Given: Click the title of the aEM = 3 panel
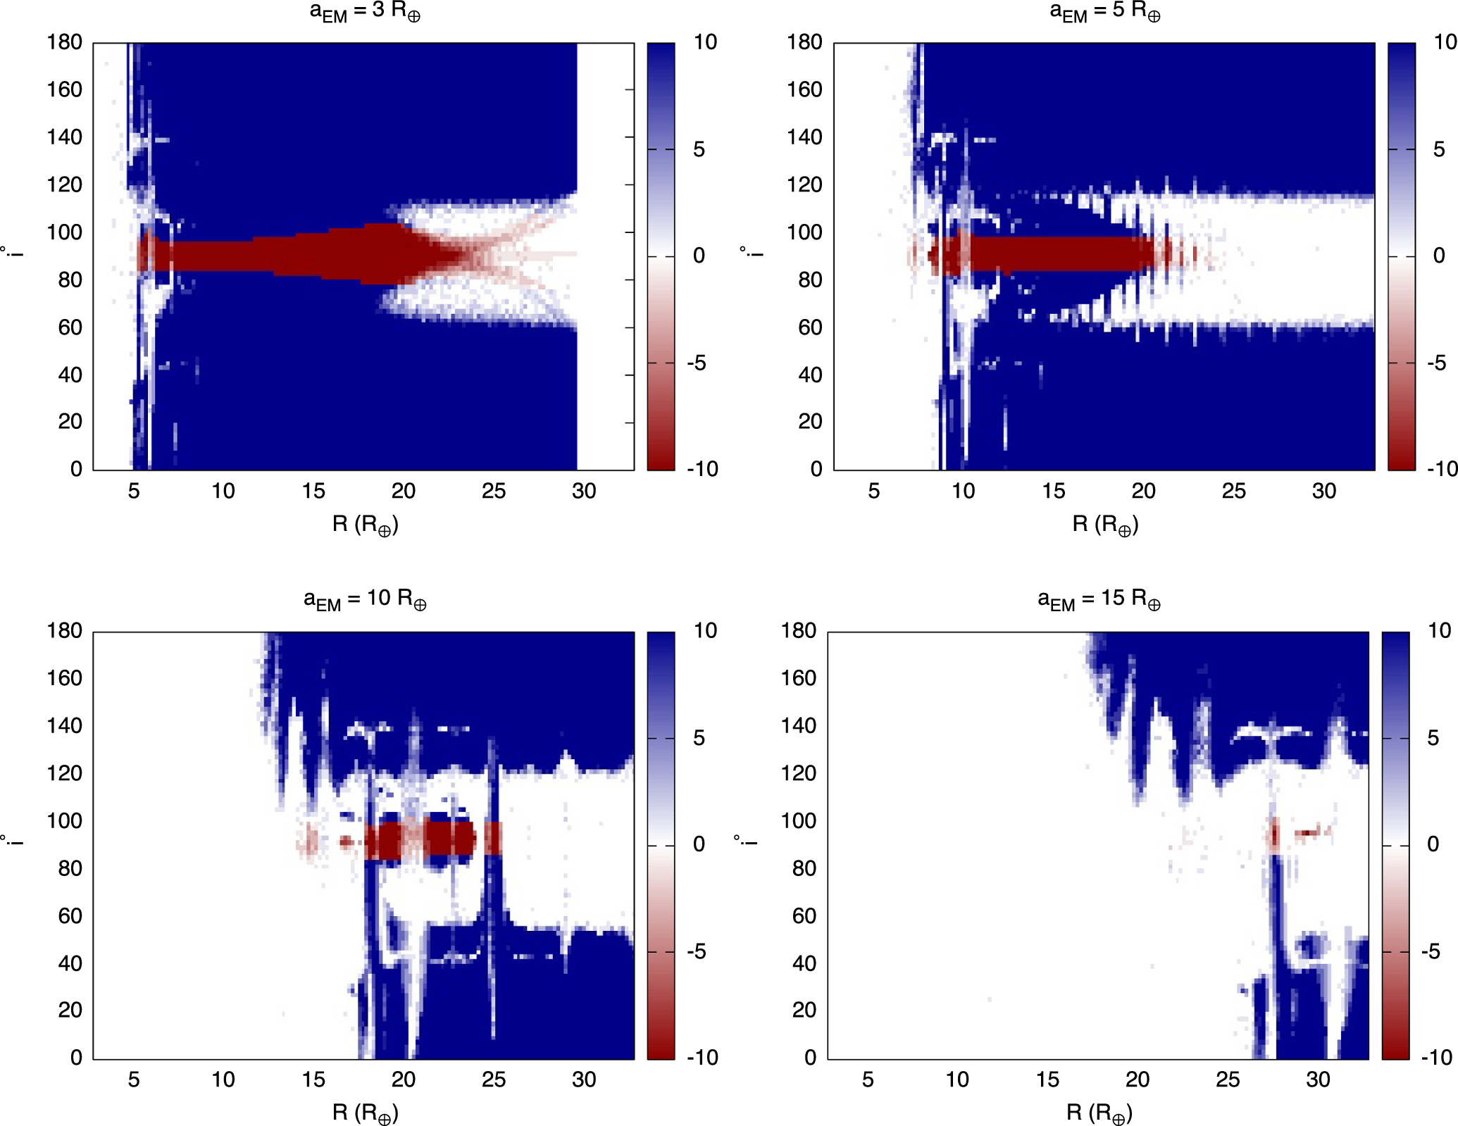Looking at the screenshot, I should (365, 12).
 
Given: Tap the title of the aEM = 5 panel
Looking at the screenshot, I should (1104, 12).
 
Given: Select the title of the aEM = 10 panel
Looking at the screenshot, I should (365, 599).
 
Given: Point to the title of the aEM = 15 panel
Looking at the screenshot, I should (1099, 599).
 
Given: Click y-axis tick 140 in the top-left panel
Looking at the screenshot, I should (64, 137).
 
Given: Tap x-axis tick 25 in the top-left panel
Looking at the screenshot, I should (494, 491).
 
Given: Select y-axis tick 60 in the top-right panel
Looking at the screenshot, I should (810, 327).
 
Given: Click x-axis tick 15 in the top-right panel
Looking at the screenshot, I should (1053, 491).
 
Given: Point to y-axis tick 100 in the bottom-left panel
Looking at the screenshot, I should (64, 820).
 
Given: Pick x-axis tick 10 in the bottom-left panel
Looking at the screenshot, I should (223, 1080).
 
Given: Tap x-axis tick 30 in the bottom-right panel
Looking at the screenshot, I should (1318, 1080).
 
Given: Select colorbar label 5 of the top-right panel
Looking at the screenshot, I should (1439, 149).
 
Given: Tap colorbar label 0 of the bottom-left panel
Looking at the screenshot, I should (699, 844).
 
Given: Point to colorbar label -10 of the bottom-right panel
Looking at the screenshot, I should (1436, 1057).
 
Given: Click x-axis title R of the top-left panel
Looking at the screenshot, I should (365, 525).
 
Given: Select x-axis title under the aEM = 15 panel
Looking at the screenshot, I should (1099, 1113).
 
